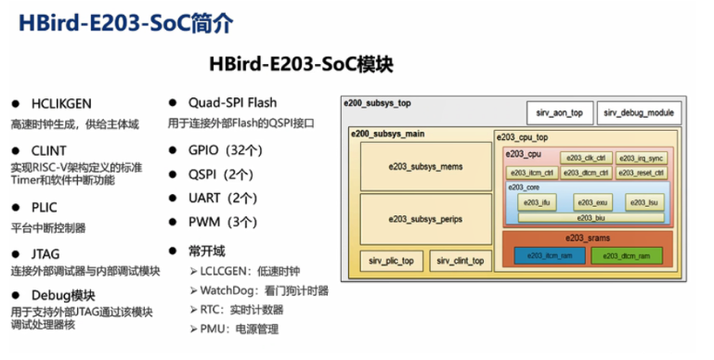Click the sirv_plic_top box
pyautogui.click(x=391, y=261)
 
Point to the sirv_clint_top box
pyautogui.click(x=460, y=261)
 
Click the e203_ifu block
pyautogui.click(x=537, y=202)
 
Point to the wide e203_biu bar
pyautogui.click(x=591, y=217)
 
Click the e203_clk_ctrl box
pyautogui.click(x=586, y=158)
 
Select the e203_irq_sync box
pyautogui.click(x=641, y=158)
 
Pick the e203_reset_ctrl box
pyautogui.click(x=641, y=173)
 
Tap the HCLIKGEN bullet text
pyautogui.click(x=63, y=103)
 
